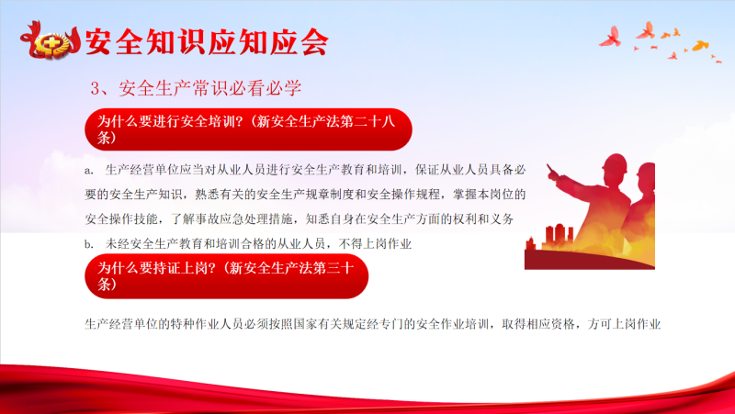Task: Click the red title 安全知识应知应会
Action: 207,42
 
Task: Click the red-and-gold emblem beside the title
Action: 50,40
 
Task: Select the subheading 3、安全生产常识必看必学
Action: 196,88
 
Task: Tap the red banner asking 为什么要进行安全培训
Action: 248,129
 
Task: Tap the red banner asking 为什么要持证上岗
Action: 226,275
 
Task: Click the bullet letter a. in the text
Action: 88,171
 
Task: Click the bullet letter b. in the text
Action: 88,244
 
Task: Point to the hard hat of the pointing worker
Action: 615,163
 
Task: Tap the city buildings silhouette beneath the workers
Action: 552,238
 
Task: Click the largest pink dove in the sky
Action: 611,37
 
